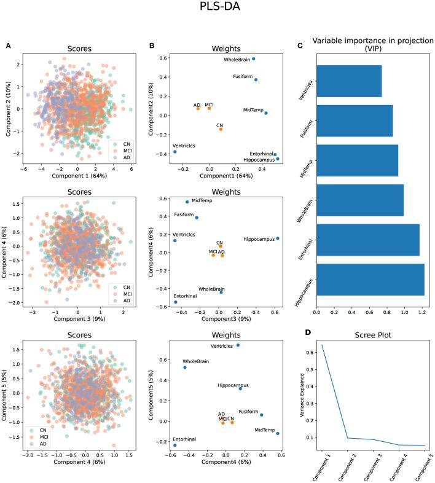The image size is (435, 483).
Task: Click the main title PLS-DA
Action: click(x=217, y=9)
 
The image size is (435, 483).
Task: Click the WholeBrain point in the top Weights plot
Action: click(x=253, y=59)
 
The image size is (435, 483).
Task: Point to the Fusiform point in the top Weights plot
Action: click(x=256, y=80)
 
